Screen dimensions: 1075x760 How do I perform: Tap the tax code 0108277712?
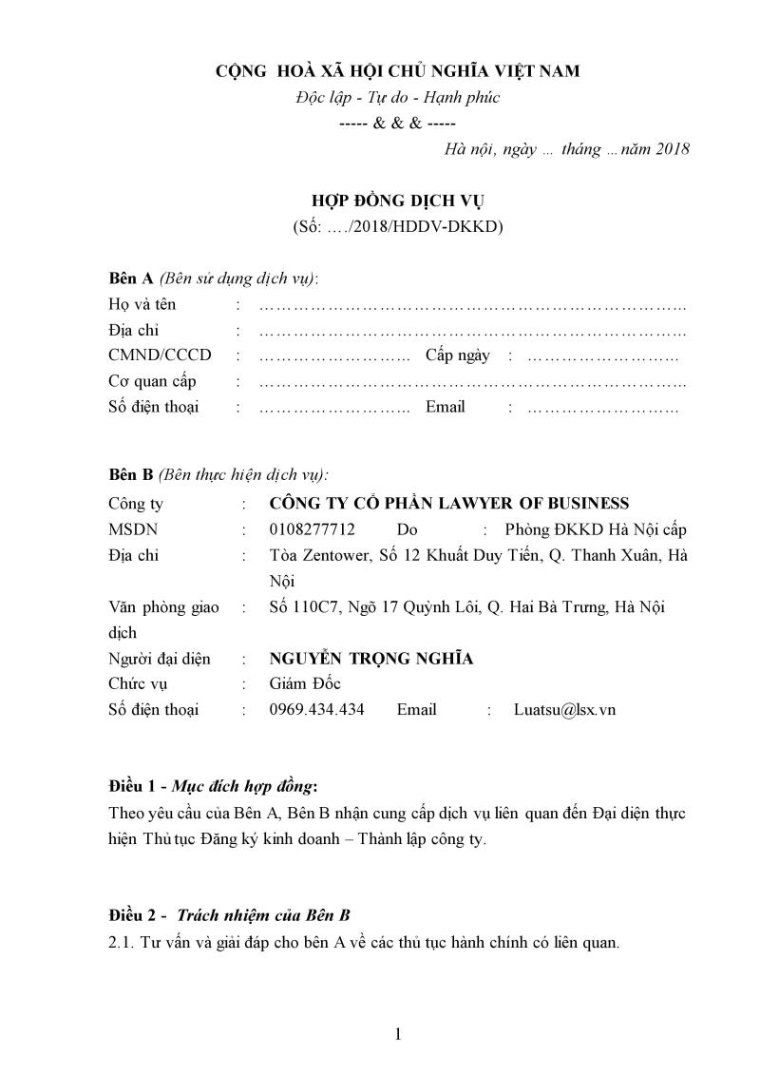(313, 529)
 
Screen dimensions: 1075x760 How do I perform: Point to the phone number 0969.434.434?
(317, 709)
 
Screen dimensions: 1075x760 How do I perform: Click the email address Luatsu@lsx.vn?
(564, 709)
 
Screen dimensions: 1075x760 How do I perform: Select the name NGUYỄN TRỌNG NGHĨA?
(371, 659)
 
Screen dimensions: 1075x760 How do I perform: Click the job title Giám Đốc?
(305, 683)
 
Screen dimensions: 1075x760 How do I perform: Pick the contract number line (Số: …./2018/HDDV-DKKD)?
(398, 227)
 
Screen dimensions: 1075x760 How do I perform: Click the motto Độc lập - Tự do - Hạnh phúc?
(398, 97)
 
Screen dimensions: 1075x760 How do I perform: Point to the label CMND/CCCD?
(161, 355)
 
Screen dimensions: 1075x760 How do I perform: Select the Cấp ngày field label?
(458, 355)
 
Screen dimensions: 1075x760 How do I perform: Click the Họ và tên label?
(142, 305)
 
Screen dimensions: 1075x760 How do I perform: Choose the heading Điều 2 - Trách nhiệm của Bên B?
(230, 915)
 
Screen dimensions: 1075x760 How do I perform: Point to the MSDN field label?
(134, 529)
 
